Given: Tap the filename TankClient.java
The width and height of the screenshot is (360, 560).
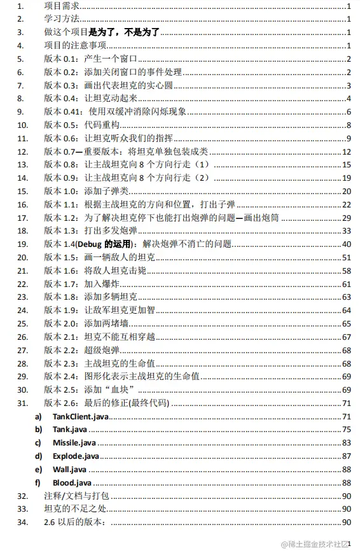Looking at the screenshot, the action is pyautogui.click(x=81, y=416).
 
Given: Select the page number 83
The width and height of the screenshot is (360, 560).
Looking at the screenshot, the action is pyautogui.click(x=347, y=442).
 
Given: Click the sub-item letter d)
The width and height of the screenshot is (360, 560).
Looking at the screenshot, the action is pyautogui.click(x=39, y=456).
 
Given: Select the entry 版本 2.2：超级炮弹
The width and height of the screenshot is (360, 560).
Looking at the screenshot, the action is pyautogui.click(x=80, y=349).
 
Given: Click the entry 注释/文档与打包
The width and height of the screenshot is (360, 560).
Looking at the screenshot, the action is pyautogui.click(x=78, y=496).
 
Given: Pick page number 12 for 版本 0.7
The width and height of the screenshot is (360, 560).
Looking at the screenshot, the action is pyautogui.click(x=347, y=151).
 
